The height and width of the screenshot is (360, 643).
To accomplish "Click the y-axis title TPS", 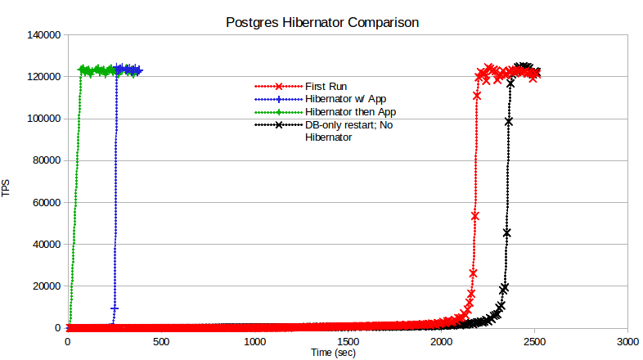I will tap(7, 189).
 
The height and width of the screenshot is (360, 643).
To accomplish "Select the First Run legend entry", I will tap(326, 86).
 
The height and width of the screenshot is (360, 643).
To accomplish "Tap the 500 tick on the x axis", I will tap(161, 341).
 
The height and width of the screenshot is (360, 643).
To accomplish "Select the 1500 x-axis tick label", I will tap(348, 341).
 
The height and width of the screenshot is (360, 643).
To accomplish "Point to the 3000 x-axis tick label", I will tap(627, 341).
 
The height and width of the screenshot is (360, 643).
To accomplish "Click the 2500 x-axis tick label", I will tap(534, 341).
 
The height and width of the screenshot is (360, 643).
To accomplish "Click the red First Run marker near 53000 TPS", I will tap(474, 216).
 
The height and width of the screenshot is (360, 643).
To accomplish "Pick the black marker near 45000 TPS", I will tap(507, 233).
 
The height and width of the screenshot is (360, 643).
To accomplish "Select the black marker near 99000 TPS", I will tap(509, 121).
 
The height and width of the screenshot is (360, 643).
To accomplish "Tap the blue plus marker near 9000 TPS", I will tap(115, 308).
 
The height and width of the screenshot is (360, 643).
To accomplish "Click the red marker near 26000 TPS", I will tap(473, 272).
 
